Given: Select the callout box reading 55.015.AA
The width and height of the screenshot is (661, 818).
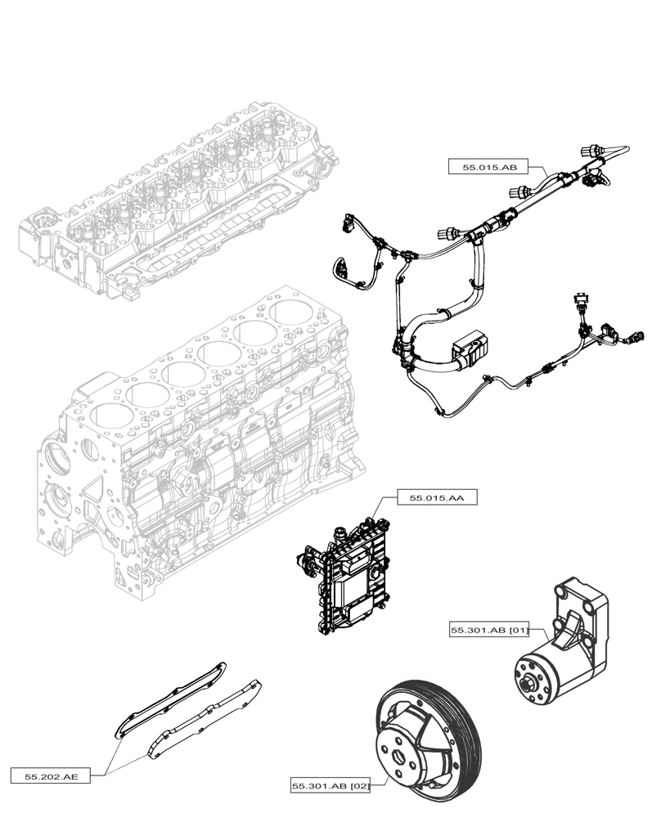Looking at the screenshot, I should pyautogui.click(x=425, y=497).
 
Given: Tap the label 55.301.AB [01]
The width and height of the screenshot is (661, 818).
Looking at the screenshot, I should pyautogui.click(x=489, y=630).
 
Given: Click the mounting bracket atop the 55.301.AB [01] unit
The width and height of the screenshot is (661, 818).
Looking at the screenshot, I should pyautogui.click(x=582, y=610).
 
